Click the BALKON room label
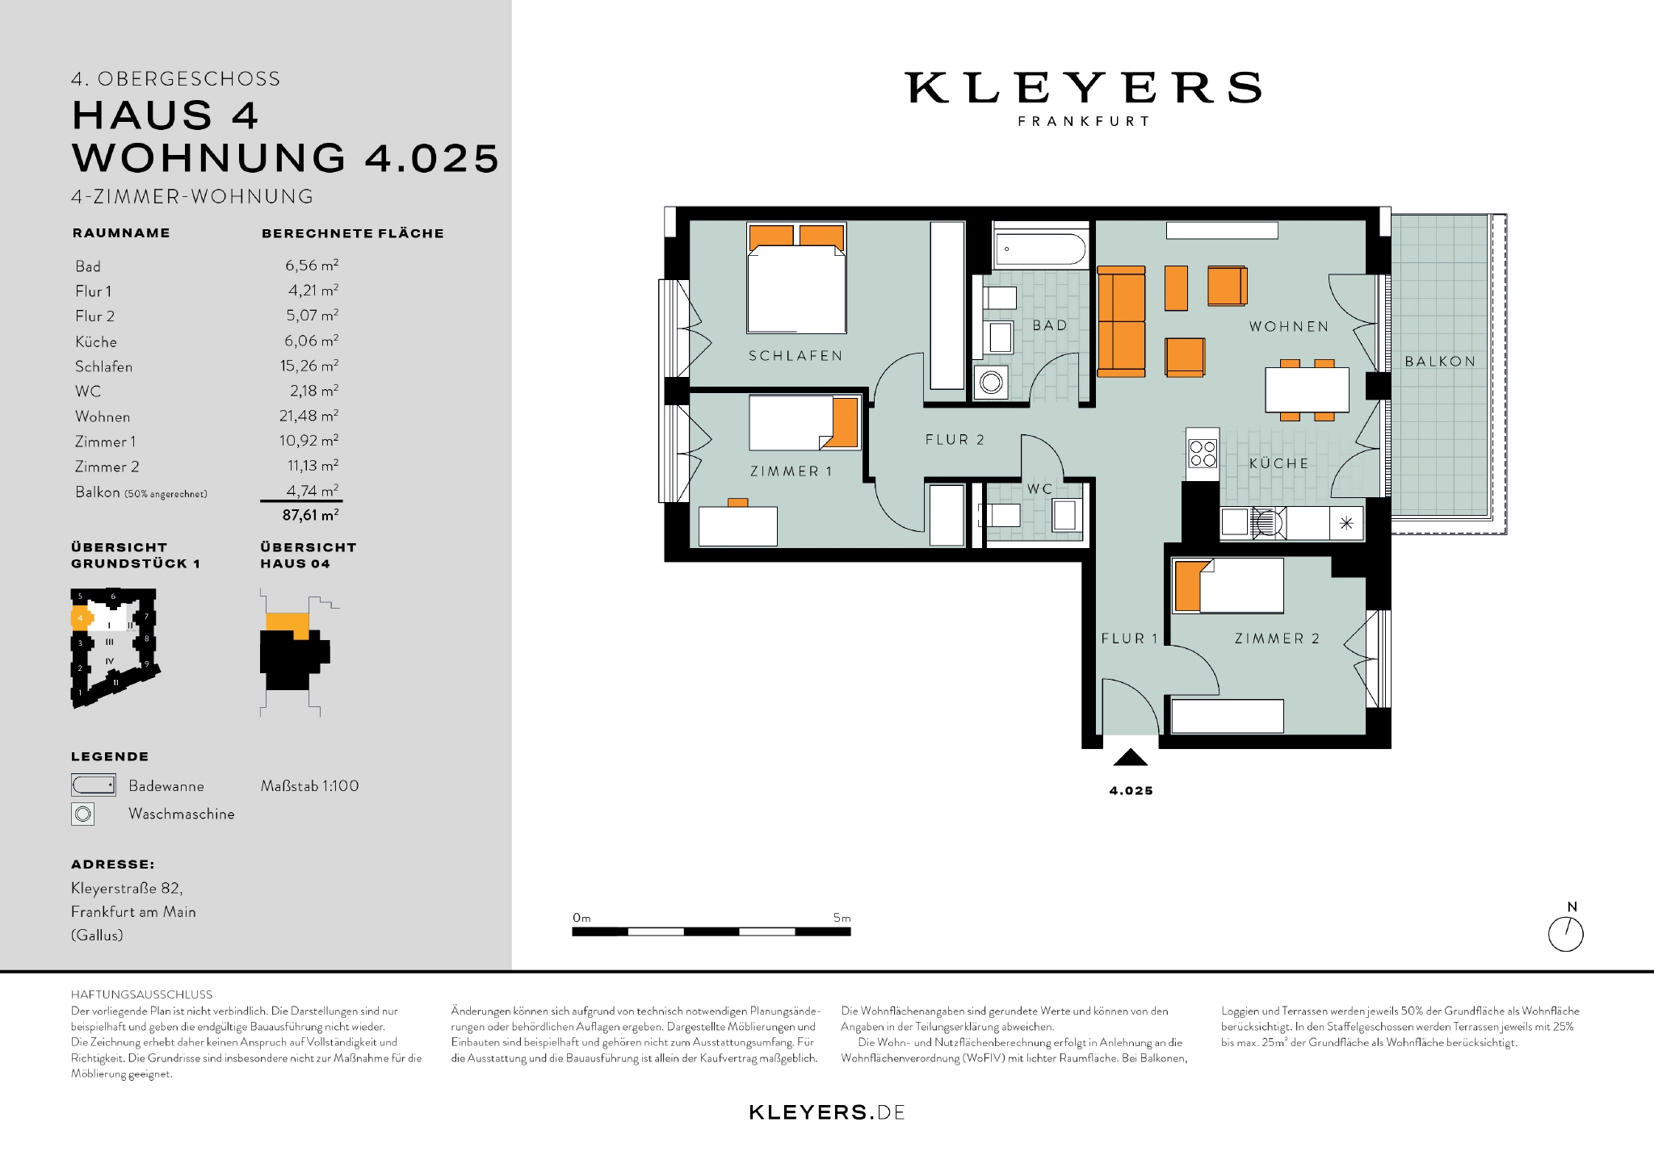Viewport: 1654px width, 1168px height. tap(1440, 362)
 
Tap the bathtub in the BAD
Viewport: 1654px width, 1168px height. tap(1040, 249)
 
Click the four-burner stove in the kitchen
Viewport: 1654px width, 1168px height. tap(1203, 454)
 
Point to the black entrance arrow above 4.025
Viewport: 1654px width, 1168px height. tap(1131, 757)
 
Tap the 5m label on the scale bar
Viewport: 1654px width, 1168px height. tap(842, 918)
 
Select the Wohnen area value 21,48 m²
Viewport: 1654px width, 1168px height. tap(309, 416)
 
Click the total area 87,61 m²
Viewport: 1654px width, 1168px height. tap(310, 515)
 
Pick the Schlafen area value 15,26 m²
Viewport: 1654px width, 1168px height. tap(309, 366)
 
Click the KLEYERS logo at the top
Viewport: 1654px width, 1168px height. tap(1083, 88)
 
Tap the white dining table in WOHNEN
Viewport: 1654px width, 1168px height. tap(1307, 390)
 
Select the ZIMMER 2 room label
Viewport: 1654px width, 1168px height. tap(1277, 638)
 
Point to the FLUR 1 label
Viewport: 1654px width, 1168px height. tap(1129, 638)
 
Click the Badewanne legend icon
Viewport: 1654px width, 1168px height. tap(94, 785)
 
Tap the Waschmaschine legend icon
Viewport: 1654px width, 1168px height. tap(83, 814)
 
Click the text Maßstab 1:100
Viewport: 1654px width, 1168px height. tap(309, 785)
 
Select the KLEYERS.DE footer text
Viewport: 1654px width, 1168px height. tap(827, 1112)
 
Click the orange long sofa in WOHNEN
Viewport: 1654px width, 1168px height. tap(1121, 321)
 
